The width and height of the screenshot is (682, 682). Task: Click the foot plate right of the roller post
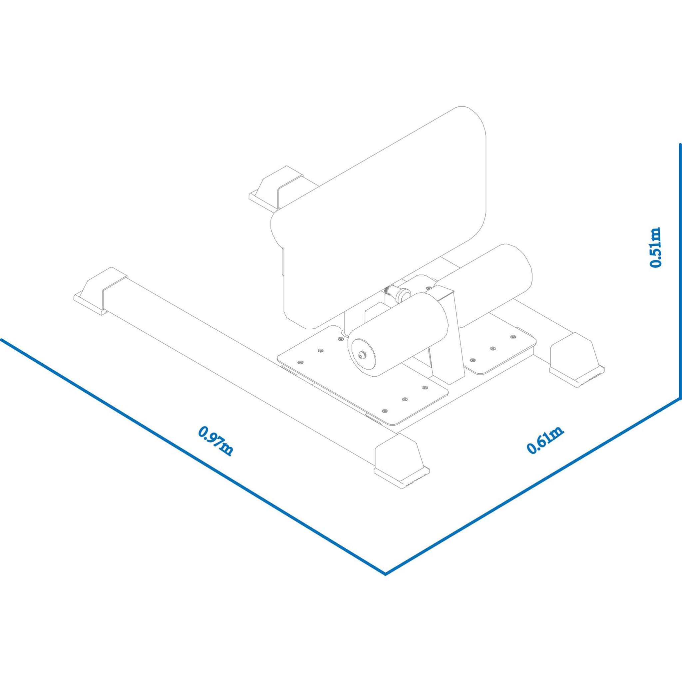(x=500, y=344)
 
